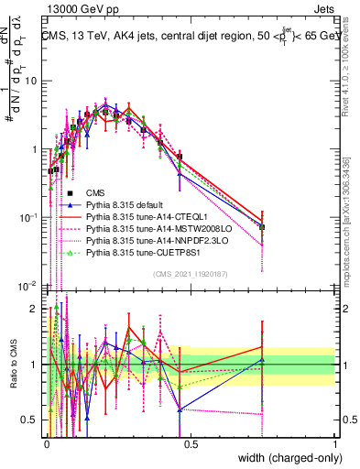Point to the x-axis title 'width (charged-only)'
tap(284, 459)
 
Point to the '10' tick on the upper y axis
tap(33, 81)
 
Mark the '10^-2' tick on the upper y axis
tap(30, 285)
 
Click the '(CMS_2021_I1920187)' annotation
tap(190, 274)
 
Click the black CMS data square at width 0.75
tap(262, 226)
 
